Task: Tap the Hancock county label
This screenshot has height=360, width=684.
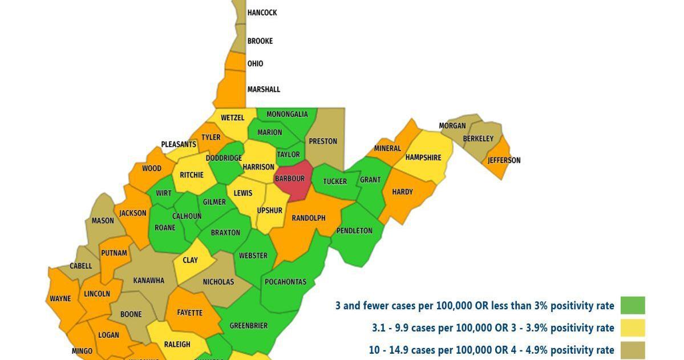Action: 262,13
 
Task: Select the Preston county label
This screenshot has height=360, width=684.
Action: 323,141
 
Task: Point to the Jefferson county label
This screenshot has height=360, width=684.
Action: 504,160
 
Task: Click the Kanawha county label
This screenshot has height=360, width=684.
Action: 148,280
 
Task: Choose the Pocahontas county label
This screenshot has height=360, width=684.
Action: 285,282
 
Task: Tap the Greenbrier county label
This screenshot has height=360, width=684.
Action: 248,326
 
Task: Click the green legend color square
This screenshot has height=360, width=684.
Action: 633,305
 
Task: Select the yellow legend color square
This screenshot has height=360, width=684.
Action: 633,327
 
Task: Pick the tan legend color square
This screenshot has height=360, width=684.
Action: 633,350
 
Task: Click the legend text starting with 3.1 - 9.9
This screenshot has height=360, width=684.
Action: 493,327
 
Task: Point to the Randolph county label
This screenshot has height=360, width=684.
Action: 308,218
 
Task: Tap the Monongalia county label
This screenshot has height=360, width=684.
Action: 287,114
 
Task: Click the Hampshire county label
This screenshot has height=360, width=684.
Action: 423,157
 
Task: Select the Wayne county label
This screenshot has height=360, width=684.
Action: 60,298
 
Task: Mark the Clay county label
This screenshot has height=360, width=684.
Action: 190,260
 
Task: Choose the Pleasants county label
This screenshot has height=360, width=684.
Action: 179,144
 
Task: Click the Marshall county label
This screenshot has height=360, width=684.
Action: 264,90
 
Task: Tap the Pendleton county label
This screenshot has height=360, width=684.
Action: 354,231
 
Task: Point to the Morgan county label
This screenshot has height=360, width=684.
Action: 452,126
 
